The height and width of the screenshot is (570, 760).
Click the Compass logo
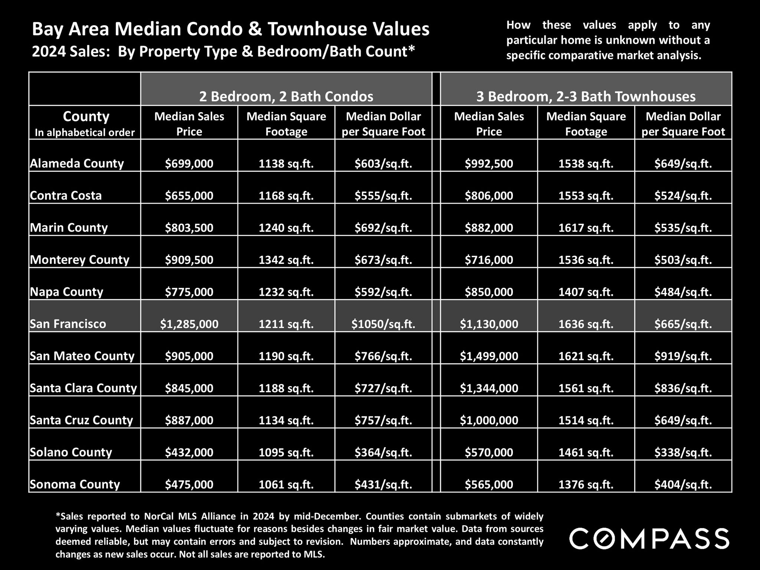pyautogui.click(x=649, y=538)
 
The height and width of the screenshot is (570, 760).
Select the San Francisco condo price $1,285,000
pyautogui.click(x=189, y=324)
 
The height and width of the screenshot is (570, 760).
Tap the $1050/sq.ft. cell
pyautogui.click(x=383, y=324)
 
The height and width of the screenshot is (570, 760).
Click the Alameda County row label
pyautogui.click(x=77, y=163)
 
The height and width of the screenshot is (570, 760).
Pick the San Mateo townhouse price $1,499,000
pyautogui.click(x=489, y=356)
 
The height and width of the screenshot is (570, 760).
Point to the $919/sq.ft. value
pyautogui.click(x=683, y=356)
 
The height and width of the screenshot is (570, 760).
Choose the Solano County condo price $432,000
pyautogui.click(x=189, y=452)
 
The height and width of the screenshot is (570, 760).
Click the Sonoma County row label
pyautogui.click(x=75, y=484)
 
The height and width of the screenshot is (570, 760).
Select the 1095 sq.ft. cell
pyautogui.click(x=286, y=452)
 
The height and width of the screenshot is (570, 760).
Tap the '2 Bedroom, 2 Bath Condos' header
pyautogui.click(x=286, y=96)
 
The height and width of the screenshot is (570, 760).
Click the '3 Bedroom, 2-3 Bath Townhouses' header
pyautogui.click(x=586, y=96)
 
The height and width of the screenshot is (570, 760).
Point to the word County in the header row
pyautogui.click(x=86, y=117)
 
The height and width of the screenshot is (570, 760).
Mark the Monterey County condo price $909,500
pyautogui.click(x=189, y=260)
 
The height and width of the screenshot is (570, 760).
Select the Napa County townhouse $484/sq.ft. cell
pyautogui.click(x=683, y=292)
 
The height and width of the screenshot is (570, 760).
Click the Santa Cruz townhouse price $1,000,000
pyautogui.click(x=489, y=420)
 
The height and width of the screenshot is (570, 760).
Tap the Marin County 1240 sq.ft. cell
pyautogui.click(x=286, y=227)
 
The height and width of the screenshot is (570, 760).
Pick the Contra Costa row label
pyautogui.click(x=66, y=196)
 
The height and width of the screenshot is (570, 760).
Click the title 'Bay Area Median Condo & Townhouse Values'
pyautogui.click(x=230, y=29)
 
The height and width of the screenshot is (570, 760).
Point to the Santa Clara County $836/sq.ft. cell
pyautogui.click(x=683, y=388)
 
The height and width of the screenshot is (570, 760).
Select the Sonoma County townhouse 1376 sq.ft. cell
pyautogui.click(x=586, y=484)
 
